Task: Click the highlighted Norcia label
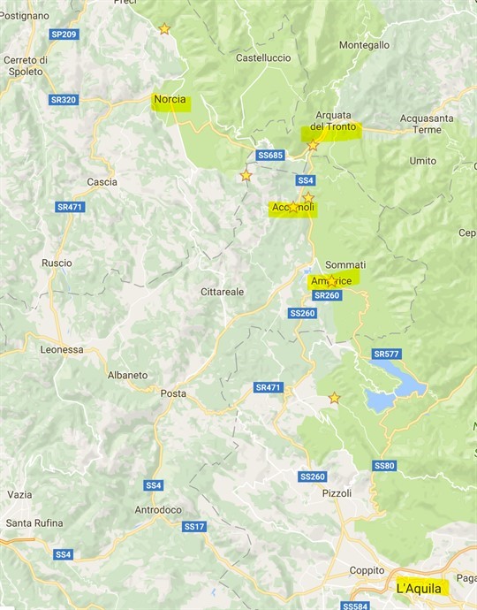(x=170, y=100)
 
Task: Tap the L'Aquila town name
(x=420, y=587)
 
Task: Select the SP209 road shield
(x=64, y=34)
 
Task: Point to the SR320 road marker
(x=64, y=100)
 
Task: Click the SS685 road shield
(x=269, y=156)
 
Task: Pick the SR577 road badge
(x=386, y=355)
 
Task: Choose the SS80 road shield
(x=384, y=466)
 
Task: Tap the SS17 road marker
(x=194, y=527)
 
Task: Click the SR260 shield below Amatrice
(x=327, y=295)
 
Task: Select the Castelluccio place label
(x=263, y=57)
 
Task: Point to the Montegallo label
(x=364, y=45)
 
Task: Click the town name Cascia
(x=102, y=182)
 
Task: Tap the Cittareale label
(x=222, y=291)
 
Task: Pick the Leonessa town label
(x=62, y=349)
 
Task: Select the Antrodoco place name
(x=157, y=510)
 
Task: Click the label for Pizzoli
(x=337, y=493)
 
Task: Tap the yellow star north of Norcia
(x=164, y=29)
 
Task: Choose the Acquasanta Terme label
(x=427, y=124)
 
